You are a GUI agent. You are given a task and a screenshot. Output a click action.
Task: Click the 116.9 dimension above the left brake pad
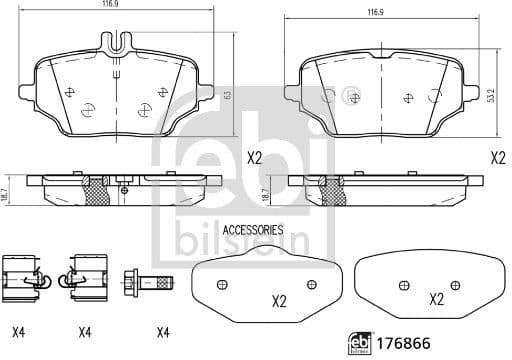click(x=125, y=7)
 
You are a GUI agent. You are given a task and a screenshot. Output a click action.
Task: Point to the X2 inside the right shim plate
click(x=436, y=298)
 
